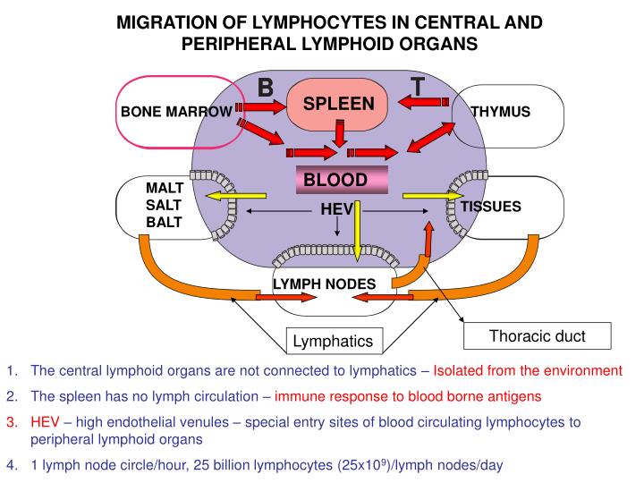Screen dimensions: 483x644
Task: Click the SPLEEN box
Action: pos(338,106)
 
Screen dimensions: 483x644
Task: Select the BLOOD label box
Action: pos(335,180)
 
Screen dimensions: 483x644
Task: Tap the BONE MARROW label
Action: pos(175,112)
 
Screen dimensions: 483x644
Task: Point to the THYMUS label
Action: pos(501,112)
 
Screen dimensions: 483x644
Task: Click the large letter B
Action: pos(266,87)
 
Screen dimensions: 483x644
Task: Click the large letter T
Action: pos(418,87)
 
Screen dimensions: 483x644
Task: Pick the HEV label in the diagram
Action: pos(336,209)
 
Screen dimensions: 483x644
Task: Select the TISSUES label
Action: pos(490,207)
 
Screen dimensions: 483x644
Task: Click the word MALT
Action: pos(164,188)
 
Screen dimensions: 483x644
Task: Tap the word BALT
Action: pos(164,222)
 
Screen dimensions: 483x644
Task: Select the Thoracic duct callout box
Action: pos(538,336)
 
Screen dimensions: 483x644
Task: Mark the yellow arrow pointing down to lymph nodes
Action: pos(356,233)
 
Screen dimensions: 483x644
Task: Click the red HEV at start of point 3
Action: pos(45,421)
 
